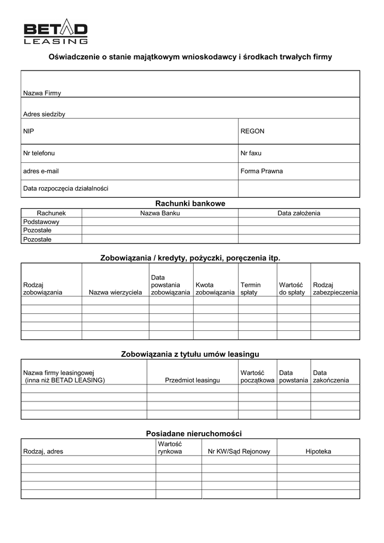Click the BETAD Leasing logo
click(56, 32)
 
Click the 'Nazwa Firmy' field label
click(42, 93)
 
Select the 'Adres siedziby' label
click(44, 114)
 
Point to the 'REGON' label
click(252, 130)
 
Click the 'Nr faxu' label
click(251, 153)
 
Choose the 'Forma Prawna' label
click(261, 171)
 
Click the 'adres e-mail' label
click(41, 171)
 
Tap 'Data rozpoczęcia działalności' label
click(66, 188)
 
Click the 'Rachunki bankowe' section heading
click(190, 203)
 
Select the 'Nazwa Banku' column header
click(160, 213)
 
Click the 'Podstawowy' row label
click(41, 222)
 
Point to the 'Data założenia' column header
click(299, 213)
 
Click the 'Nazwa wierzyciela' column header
click(115, 292)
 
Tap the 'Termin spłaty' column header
click(250, 288)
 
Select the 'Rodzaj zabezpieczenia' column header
click(335, 288)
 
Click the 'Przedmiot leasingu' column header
click(192, 380)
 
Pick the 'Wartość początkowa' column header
click(257, 376)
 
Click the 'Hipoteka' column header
click(318, 451)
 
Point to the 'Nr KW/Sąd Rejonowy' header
click(239, 451)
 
